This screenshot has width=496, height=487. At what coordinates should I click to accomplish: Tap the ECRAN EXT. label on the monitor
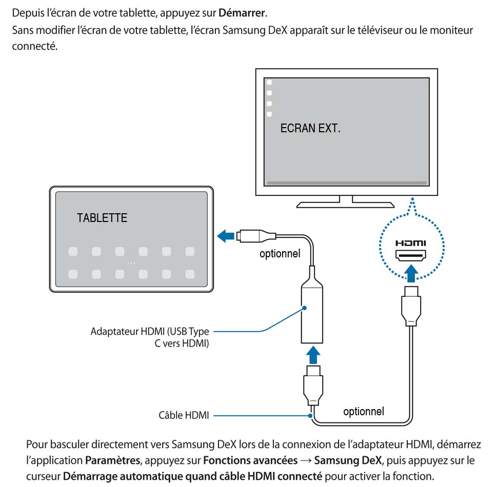(310, 128)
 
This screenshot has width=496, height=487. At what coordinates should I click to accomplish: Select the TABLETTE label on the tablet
(102, 218)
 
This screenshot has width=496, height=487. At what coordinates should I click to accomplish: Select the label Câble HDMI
(184, 416)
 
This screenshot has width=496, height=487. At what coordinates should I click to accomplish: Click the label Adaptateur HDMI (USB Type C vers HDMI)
(150, 338)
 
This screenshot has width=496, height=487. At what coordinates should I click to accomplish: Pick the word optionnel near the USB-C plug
(280, 254)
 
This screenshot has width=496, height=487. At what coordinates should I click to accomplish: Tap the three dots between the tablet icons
(131, 262)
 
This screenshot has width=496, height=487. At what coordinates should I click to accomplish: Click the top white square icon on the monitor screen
(269, 82)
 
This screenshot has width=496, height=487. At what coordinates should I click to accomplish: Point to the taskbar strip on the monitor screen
(347, 182)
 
